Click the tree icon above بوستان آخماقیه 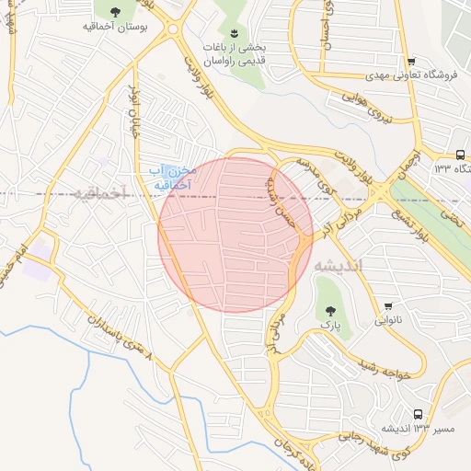tap(114, 12)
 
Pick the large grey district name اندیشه tap(339, 265)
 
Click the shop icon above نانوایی tap(387, 307)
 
